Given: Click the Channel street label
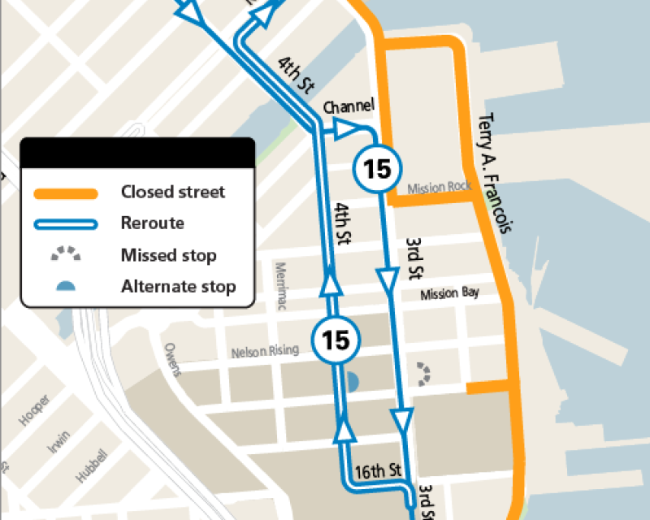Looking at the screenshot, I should coord(349,106).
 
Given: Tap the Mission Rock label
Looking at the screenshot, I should coord(439,187).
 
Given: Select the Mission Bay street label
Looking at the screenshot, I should coord(449,293).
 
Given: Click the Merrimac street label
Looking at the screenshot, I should coord(283,287).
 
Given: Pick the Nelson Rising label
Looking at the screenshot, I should coord(265,351).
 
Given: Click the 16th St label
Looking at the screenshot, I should coord(379,470).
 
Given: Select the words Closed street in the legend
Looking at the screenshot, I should coord(173,193).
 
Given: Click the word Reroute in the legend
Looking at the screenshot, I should coord(153,223).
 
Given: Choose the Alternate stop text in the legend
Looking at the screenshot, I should coord(178,286).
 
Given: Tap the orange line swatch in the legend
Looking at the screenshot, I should coord(66,193).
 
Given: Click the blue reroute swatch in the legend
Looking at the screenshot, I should coord(66,224).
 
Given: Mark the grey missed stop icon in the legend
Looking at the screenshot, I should coord(66,254).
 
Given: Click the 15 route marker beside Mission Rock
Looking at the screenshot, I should coord(377,169).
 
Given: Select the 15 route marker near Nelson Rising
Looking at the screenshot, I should coord(336,340).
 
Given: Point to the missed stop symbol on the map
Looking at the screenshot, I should coord(424,373).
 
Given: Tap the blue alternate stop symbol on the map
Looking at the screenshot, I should coord(352,380).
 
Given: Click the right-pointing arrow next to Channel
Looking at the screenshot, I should coord(344,128).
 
